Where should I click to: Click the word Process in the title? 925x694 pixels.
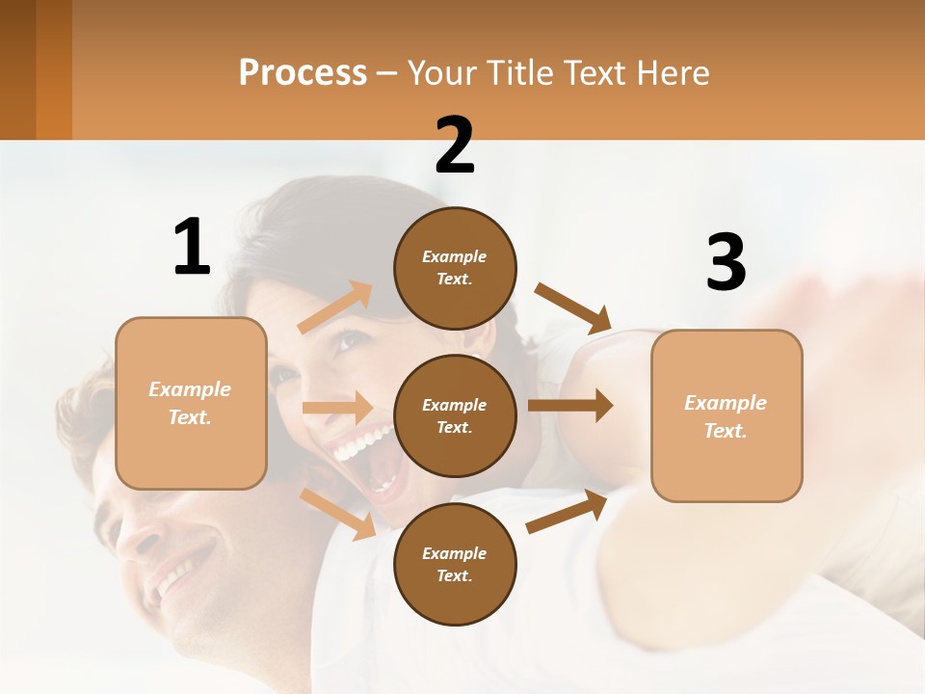coord(303,73)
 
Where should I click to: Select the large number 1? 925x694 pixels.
coord(192,248)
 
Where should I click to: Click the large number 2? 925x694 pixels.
coord(455,146)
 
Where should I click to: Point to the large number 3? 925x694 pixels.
coord(726,263)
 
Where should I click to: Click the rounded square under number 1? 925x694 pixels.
coord(191,403)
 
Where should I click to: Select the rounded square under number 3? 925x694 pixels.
coord(727,415)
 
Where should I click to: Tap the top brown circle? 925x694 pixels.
coord(455,268)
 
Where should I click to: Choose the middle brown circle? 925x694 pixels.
coord(455,415)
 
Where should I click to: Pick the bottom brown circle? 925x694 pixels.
coord(455,564)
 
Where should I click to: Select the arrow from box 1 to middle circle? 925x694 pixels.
coord(337,408)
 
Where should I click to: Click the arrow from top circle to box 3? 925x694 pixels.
coord(574,308)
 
